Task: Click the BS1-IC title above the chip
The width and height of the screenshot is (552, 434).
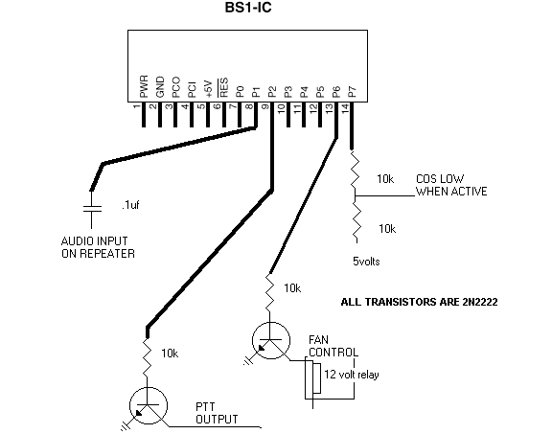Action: (248, 8)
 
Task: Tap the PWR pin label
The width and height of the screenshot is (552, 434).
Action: (144, 86)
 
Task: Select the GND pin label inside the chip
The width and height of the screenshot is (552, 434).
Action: (160, 87)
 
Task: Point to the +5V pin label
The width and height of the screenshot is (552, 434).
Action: (208, 89)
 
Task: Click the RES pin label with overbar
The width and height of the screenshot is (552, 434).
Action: (223, 87)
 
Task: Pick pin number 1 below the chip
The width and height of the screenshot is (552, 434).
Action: (137, 106)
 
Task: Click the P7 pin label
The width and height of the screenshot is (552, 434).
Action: (352, 92)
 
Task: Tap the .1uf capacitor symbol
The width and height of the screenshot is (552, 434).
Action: (92, 209)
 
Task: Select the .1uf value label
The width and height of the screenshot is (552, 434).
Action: (130, 205)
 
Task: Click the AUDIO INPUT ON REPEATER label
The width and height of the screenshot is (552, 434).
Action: (98, 247)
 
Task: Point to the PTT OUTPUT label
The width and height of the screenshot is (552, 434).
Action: (217, 414)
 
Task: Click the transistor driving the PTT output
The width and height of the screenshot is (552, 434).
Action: (149, 406)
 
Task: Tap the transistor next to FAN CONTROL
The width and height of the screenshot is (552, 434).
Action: (271, 340)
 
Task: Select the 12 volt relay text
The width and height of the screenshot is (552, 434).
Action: (352, 375)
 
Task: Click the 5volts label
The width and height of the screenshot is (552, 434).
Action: (366, 262)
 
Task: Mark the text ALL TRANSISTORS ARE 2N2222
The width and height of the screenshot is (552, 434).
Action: (419, 302)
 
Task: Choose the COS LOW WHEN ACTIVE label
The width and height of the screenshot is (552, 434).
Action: (451, 185)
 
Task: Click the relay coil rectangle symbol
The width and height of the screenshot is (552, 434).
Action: (316, 378)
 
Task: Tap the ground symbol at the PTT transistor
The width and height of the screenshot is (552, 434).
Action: (125, 426)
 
